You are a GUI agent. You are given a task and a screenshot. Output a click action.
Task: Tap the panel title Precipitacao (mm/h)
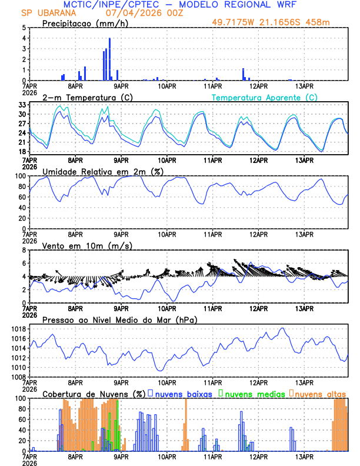pyautogui.click(x=85, y=23)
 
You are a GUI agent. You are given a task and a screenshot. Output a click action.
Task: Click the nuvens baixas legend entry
pyautogui.click(x=182, y=394)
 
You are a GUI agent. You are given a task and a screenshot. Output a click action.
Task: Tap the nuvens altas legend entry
pyautogui.click(x=320, y=394)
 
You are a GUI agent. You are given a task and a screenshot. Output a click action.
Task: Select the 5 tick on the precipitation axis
pyautogui.click(x=23, y=28)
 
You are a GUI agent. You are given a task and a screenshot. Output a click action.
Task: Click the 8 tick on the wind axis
pyautogui.click(x=23, y=250)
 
